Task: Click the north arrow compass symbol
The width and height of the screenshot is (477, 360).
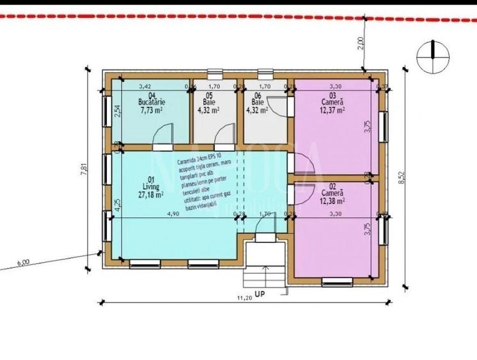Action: coord(433,56)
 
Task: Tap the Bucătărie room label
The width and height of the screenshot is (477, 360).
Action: coord(152,102)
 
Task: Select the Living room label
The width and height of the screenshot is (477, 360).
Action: coord(151,187)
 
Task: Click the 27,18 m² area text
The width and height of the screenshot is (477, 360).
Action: coord(151,194)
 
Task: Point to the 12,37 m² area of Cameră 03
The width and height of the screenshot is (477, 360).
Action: coord(333,109)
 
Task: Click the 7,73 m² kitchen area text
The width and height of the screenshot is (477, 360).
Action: coord(152,109)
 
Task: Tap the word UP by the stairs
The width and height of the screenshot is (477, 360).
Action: coord(259,294)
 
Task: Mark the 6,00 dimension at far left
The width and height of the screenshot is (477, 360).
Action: coord(24,262)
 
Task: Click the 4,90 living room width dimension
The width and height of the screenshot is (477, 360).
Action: coord(173,215)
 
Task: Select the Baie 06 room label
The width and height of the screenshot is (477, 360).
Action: coord(257,102)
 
